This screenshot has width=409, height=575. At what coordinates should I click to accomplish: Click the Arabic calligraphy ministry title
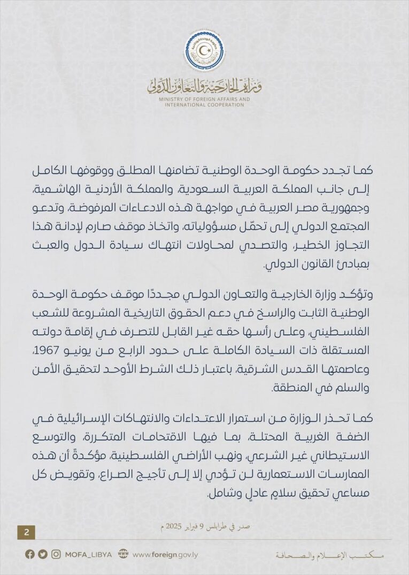tap(204, 85)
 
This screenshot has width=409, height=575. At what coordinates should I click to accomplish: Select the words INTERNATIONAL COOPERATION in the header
tap(204, 105)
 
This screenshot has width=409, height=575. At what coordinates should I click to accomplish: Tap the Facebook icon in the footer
tap(30, 555)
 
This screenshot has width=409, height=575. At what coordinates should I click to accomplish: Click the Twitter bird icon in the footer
tap(43, 555)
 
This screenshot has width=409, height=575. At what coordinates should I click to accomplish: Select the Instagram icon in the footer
tap(56, 555)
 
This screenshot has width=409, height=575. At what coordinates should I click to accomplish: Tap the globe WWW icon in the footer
tap(123, 555)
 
